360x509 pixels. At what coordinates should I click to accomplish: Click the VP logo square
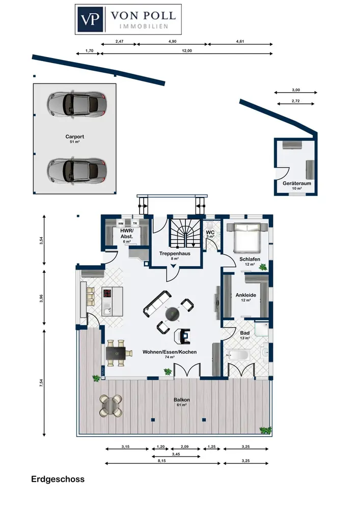[90, 19]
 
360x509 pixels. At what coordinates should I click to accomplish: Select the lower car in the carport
[76, 169]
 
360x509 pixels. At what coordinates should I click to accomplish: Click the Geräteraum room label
[297, 183]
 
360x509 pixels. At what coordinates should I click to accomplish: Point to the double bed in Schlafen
[247, 237]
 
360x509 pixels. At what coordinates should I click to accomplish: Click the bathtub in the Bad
[238, 354]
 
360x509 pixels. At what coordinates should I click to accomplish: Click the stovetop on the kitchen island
[107, 294]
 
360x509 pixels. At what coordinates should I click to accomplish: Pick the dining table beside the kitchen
[116, 353]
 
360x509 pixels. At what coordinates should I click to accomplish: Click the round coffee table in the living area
[173, 314]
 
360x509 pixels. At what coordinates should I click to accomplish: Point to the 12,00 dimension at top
[187, 50]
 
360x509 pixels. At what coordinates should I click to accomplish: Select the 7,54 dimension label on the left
[41, 383]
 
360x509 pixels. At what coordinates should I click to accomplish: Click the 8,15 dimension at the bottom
[161, 461]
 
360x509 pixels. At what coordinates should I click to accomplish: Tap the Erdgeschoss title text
[58, 479]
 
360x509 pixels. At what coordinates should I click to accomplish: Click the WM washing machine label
[121, 223]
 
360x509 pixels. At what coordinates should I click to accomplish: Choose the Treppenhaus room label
[175, 253]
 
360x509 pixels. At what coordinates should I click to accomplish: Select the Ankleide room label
[246, 295]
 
